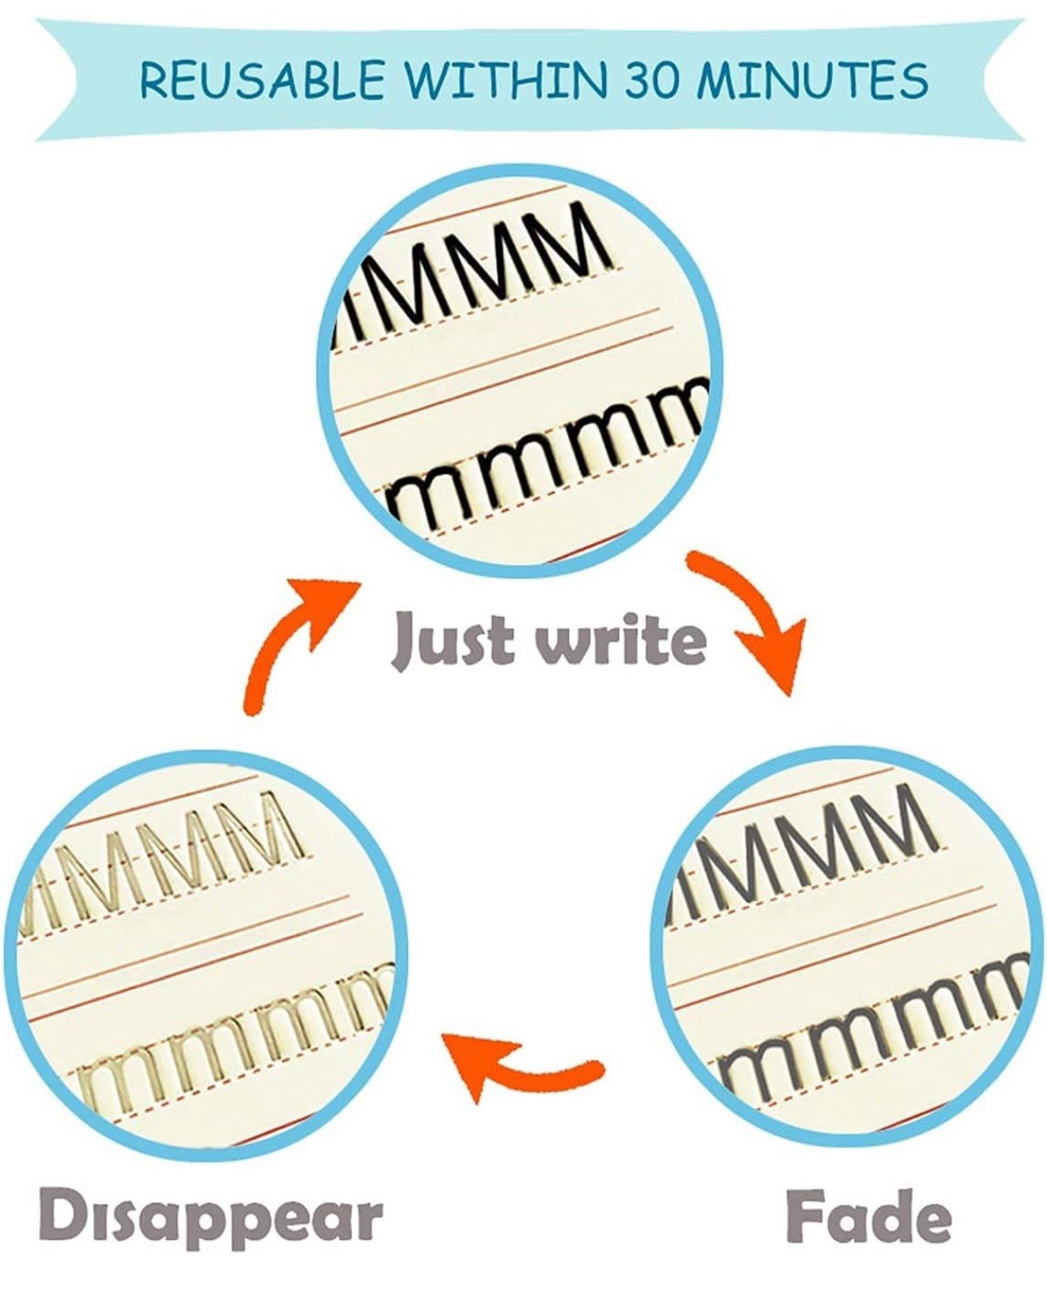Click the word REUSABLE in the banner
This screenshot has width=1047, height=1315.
click(262, 80)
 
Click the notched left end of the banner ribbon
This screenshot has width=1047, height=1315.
click(55, 80)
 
